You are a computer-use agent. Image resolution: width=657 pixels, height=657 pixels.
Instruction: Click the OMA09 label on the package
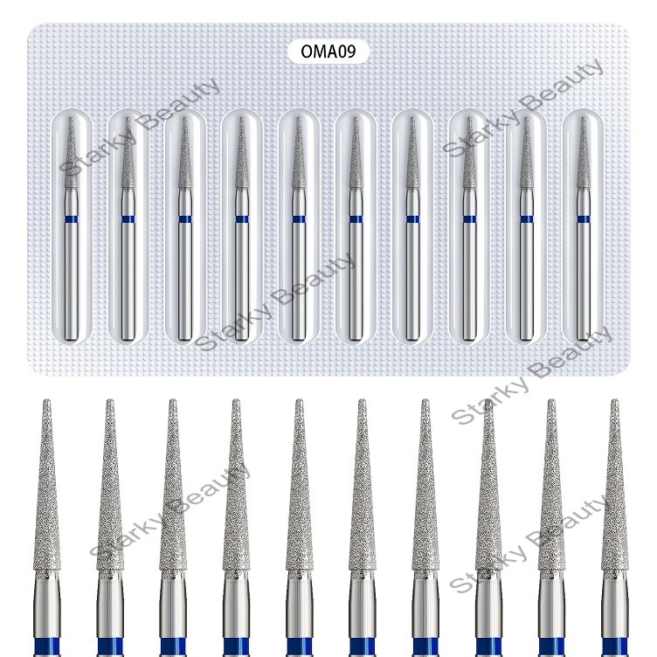(322, 52)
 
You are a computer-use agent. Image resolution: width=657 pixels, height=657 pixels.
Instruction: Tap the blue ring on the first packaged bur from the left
(72, 219)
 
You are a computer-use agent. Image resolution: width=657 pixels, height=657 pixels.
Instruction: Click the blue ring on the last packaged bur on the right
(583, 219)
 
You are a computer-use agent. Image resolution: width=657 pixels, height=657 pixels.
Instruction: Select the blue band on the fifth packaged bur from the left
(299, 219)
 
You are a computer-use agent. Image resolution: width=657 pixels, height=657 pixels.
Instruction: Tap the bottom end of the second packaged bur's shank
(128, 338)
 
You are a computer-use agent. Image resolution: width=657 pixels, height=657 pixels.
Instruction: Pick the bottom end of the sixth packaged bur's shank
(356, 338)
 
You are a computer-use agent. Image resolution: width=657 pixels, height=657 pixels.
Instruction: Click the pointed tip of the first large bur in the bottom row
(47, 400)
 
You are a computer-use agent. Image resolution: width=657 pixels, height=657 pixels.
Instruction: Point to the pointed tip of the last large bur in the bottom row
(615, 400)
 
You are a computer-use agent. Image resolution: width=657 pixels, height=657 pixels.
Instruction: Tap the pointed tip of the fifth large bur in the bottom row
(299, 400)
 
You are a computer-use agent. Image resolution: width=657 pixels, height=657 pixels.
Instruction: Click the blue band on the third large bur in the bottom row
(173, 647)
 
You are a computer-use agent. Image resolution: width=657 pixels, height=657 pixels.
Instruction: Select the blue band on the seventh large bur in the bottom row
(425, 647)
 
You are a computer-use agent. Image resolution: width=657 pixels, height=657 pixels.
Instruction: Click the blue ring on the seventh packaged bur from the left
(412, 219)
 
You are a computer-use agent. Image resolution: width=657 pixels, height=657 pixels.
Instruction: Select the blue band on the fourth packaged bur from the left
(242, 219)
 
